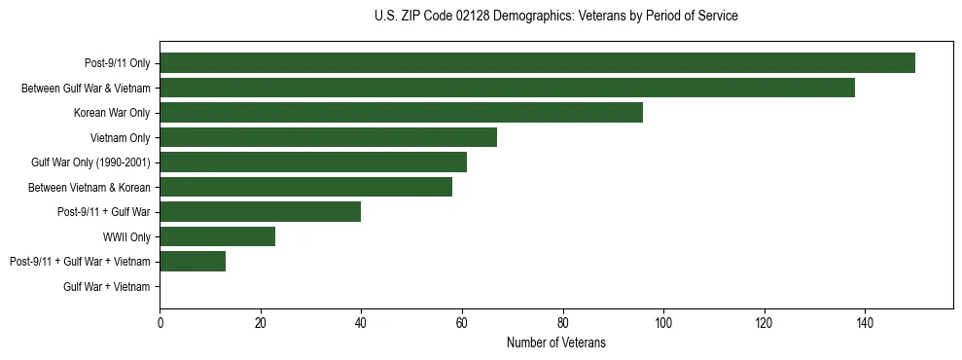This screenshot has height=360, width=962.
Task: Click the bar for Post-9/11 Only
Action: [537, 63]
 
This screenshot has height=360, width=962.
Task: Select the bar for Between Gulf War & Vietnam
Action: [507, 88]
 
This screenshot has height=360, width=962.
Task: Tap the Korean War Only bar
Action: [401, 113]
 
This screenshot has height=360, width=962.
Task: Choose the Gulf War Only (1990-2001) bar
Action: [313, 162]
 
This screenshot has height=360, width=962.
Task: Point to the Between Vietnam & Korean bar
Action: [305, 187]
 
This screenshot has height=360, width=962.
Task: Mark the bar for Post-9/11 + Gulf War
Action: [261, 212]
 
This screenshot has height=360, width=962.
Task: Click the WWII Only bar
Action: [218, 236]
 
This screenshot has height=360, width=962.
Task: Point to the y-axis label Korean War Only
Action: [112, 113]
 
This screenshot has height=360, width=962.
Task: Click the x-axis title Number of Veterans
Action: [555, 342]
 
